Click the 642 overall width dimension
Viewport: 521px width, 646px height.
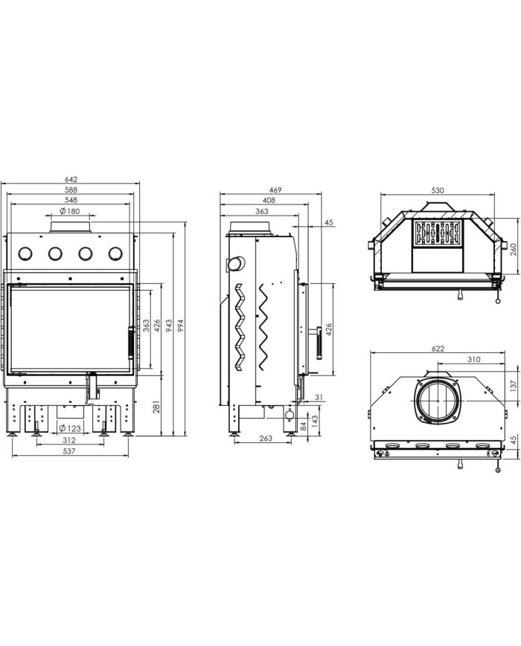coord(71,180)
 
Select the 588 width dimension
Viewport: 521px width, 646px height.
coord(71,190)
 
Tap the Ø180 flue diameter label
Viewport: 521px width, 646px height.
coord(70,211)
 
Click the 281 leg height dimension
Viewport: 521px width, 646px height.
coord(157,407)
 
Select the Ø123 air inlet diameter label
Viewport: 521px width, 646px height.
coord(70,428)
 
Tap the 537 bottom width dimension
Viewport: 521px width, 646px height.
coord(69,450)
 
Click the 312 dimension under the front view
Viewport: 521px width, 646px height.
coord(69,440)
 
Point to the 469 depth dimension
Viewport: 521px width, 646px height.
coord(275,190)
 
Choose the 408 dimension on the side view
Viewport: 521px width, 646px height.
coord(269,200)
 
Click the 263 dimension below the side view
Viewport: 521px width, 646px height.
coord(266,438)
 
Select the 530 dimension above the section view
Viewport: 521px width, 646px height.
coord(438,190)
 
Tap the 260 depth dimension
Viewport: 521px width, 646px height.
coord(513,250)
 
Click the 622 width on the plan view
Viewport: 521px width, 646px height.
coord(438,349)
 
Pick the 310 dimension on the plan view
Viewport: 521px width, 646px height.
coord(473,359)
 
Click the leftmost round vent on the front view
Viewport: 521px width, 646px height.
coord(25,253)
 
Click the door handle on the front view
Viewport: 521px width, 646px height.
coord(131,343)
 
